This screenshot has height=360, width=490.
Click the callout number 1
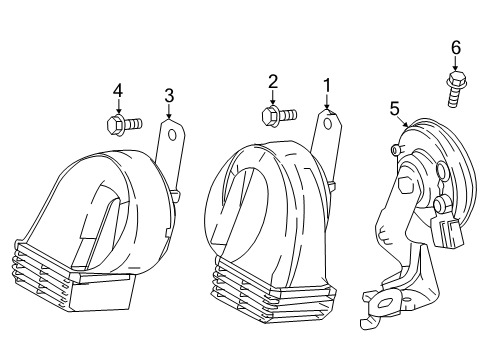tap(327, 85)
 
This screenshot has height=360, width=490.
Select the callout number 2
tap(273, 82)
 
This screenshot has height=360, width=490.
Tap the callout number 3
tap(169, 96)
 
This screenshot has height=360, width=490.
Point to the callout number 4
tap(118, 91)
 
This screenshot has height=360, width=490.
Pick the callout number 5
tap(395, 109)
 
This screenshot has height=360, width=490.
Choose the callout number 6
tap(456, 48)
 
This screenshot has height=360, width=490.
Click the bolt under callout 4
tap(124, 124)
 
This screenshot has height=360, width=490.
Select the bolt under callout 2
tap(279, 116)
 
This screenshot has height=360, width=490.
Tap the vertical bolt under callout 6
tap(456, 89)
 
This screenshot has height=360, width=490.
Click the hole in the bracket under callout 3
tap(172, 135)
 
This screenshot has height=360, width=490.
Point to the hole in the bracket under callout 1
tap(328, 124)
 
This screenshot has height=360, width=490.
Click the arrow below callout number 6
tap(456, 64)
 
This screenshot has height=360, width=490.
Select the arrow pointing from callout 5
tap(404, 123)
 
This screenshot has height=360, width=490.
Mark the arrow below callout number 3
tap(169, 111)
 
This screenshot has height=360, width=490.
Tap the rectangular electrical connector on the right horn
tap(448, 230)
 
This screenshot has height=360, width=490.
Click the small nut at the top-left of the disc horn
tap(395, 150)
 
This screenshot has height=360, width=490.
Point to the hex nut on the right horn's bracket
tap(407, 185)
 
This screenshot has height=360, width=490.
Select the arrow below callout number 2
tap(273, 98)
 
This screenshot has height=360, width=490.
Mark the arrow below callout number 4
tap(118, 107)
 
